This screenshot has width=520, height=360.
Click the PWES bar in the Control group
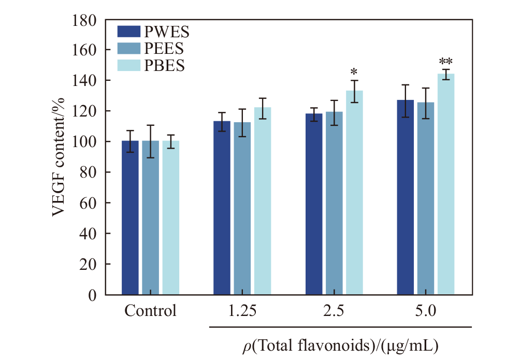point(130,218)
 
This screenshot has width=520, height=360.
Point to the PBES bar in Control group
point(170,218)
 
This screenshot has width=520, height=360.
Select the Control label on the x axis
point(150,312)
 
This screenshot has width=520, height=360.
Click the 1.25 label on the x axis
point(242,312)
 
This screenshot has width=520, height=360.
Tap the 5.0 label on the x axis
point(426,312)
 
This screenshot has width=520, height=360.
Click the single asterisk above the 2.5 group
point(354,71)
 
